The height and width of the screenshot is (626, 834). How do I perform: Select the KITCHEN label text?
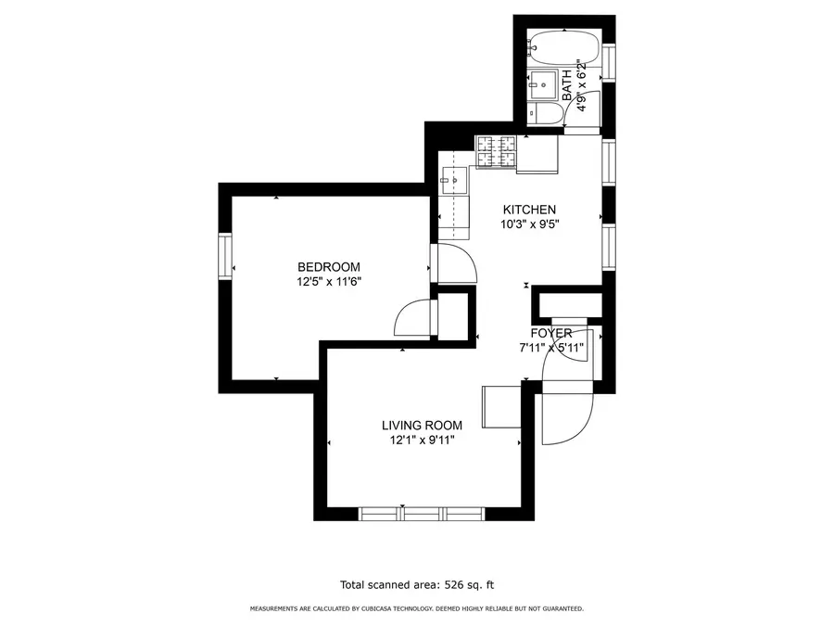[x=529, y=210]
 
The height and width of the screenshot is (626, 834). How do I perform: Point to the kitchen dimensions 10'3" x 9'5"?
[x=529, y=224]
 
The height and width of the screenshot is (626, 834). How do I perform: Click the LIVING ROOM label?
[x=422, y=426]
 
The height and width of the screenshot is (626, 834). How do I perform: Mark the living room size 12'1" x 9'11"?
[x=422, y=440]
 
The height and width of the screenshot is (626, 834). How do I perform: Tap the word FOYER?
[x=550, y=334]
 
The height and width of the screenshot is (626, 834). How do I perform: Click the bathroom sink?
[x=542, y=83]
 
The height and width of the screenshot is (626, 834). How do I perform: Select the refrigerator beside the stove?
[x=537, y=154]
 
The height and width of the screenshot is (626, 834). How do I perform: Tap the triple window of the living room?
[x=422, y=513]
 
